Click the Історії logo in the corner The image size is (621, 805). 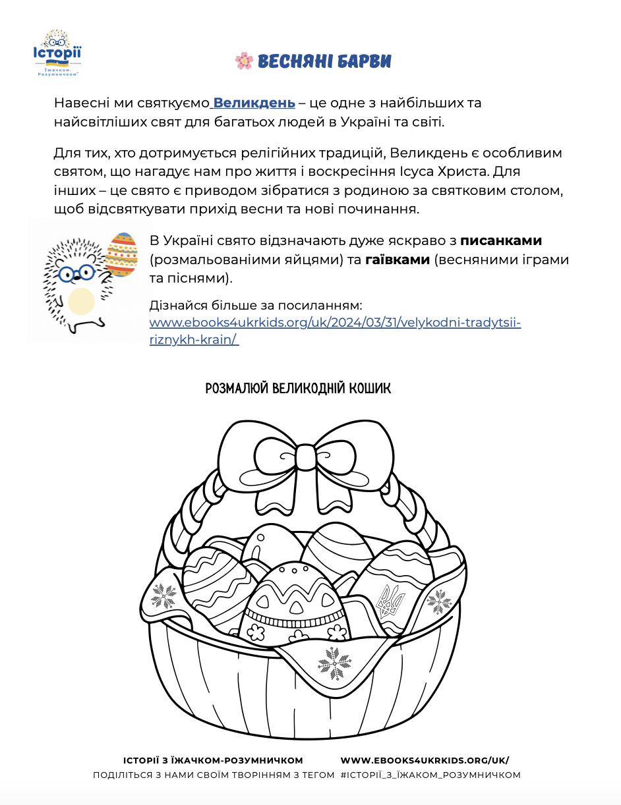point(57,53)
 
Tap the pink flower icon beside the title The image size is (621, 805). point(244,61)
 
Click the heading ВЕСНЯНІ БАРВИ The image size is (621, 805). point(324,61)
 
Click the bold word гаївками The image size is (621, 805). point(397,260)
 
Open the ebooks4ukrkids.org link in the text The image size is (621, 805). point(335,323)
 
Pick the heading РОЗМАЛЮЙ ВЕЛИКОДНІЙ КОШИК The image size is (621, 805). point(298,388)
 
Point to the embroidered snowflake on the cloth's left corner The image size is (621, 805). point(162,596)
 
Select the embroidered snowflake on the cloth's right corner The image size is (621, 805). point(437,600)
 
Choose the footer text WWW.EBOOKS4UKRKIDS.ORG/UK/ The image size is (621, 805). point(425,760)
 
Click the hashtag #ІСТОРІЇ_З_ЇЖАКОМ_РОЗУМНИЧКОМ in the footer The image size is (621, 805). point(430,775)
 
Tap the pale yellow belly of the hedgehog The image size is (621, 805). point(82,300)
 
